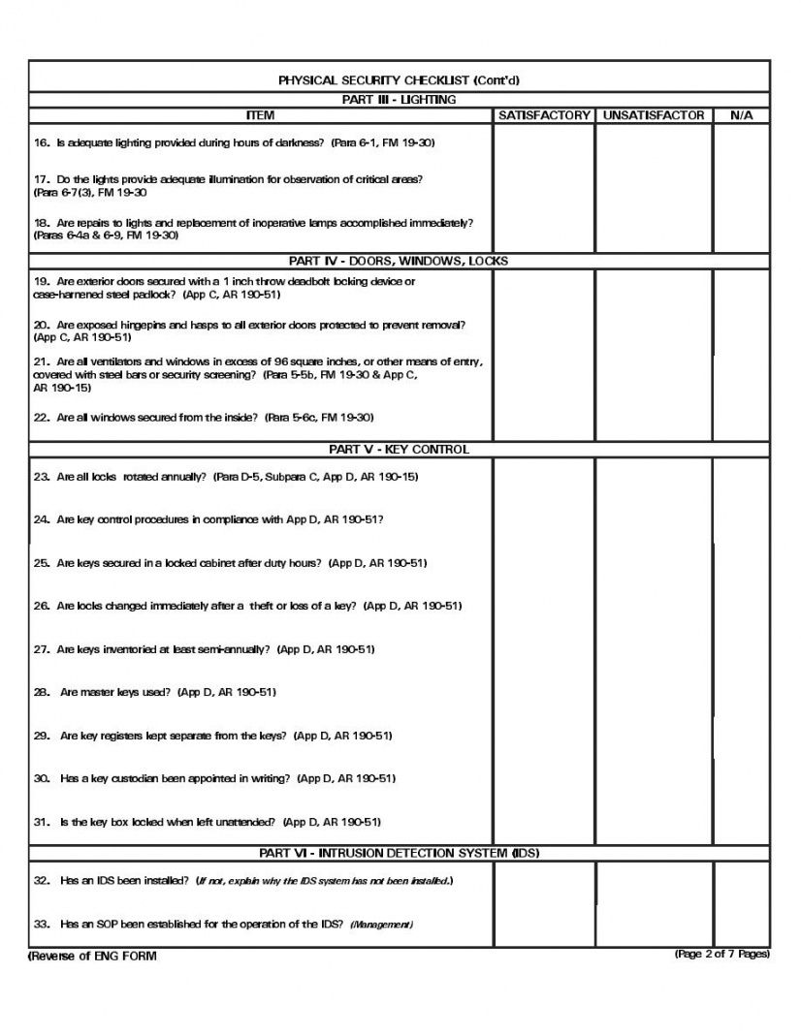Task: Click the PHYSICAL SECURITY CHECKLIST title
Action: pos(399,80)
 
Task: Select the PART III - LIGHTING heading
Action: pos(399,99)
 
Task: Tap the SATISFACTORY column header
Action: pos(544,115)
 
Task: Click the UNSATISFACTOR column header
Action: pos(653,115)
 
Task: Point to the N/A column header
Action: pos(741,115)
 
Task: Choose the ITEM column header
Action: pos(260,115)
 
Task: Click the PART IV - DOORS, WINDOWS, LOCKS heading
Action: pos(399,261)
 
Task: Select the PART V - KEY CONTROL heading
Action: pos(399,449)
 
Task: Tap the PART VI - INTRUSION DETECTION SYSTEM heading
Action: pos(399,853)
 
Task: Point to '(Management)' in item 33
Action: pos(381,925)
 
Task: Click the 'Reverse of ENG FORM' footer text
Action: pos(92,957)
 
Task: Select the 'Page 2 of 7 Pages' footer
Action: pos(722,955)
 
